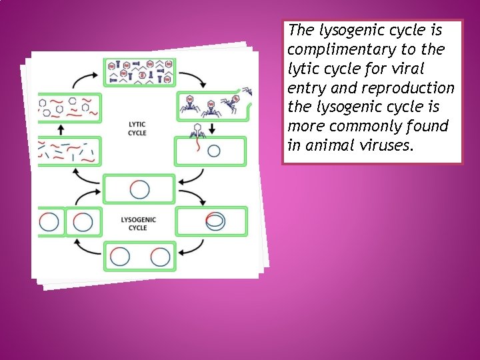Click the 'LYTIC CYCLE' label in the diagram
click(137, 128)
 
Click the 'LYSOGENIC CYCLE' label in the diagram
click(138, 223)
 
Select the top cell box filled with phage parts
click(139, 72)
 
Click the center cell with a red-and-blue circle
click(139, 189)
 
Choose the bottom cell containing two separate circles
click(139, 257)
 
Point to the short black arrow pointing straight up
click(61, 129)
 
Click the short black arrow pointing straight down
click(212, 127)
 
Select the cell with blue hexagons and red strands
click(69, 108)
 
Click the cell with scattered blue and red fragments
click(69, 152)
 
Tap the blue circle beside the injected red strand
click(213, 151)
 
